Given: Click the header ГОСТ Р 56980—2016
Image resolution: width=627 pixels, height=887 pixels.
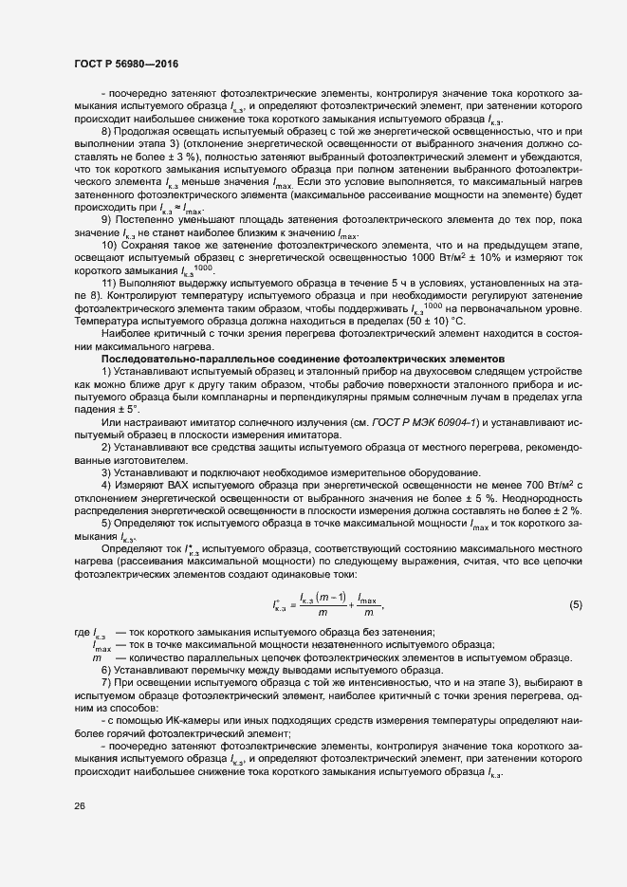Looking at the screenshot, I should (x=125, y=63).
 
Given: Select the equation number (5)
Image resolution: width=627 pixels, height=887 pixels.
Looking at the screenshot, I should (x=575, y=605).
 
